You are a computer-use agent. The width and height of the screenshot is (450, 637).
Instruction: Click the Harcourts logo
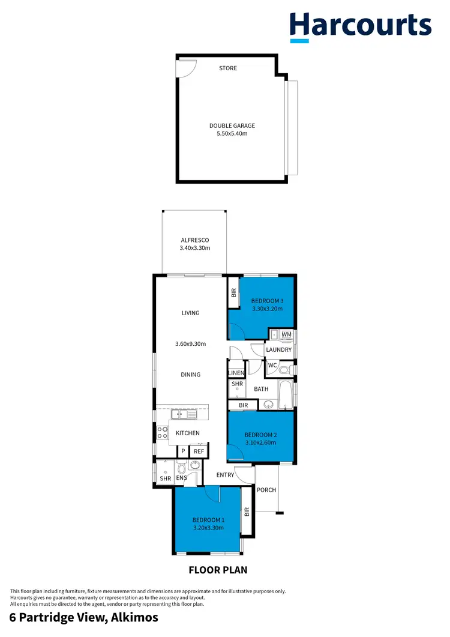point(361,26)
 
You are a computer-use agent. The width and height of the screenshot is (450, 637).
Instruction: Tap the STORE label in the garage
point(228,68)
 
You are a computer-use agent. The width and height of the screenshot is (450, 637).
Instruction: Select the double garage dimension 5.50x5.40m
point(232,134)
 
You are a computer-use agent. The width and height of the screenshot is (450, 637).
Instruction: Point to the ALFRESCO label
point(194,240)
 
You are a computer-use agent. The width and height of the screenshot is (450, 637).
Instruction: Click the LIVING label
point(190,313)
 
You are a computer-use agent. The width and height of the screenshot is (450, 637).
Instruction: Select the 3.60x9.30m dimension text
point(190,344)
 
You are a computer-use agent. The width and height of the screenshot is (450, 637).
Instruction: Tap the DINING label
point(190,375)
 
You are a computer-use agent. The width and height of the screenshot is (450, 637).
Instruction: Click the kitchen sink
point(184,414)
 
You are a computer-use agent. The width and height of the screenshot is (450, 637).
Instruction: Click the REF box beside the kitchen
point(198,451)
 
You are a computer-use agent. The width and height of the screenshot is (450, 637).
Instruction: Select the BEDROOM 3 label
point(267,301)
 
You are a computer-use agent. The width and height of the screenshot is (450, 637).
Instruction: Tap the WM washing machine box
point(286,334)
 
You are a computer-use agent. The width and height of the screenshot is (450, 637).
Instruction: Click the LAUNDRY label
point(278,349)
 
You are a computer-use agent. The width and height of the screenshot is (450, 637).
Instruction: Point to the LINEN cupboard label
point(236,373)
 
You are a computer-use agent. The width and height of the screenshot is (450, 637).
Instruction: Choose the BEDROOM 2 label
point(260,435)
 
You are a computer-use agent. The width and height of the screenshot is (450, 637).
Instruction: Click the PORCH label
point(266,490)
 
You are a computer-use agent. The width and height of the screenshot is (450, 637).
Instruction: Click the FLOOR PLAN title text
point(218,570)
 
